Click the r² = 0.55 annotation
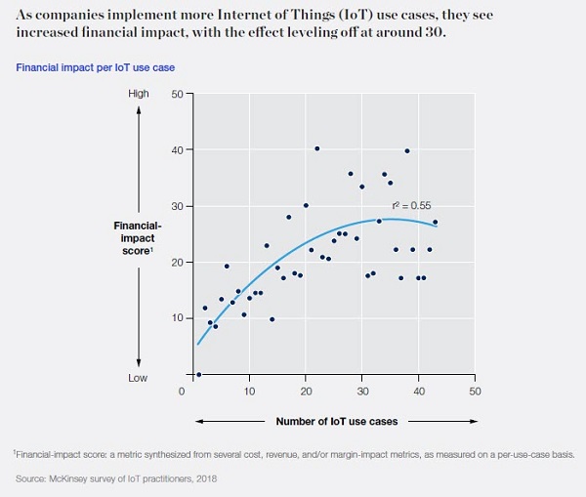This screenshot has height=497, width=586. coord(411,206)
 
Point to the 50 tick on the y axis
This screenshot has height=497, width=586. coord(178,94)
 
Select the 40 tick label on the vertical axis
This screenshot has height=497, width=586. coord(178,149)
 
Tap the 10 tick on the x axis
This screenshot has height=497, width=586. coord(248,392)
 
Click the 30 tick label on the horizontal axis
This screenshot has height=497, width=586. coord(361,392)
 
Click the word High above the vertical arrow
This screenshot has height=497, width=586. coord(139,94)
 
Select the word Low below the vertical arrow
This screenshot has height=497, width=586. coord(139,377)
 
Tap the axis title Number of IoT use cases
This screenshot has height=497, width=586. coord(333,421)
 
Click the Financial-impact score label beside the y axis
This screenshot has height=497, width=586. coord(138,236)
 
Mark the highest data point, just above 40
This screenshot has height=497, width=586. coord(316,148)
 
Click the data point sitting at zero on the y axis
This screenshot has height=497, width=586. coord(198,374)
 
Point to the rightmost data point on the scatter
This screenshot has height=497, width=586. coord(435,223)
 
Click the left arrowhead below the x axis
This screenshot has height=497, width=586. coord(200,421)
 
